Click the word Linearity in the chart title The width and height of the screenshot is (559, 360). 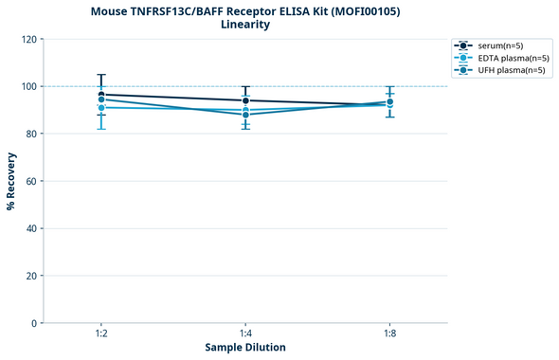tap(245, 25)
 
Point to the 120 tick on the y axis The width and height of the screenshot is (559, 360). tap(28, 40)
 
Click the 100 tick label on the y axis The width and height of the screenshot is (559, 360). tap(28, 87)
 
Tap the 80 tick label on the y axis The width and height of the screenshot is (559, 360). tap(31, 134)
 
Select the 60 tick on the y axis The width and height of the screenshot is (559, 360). tap(31, 181)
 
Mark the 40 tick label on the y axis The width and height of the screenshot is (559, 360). tap(31, 228)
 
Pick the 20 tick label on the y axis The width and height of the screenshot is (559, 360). tap(31, 276)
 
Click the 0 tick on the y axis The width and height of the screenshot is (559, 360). tap(34, 323)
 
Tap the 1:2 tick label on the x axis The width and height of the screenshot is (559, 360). tap(100, 334)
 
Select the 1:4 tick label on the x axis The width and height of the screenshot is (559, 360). tap(245, 334)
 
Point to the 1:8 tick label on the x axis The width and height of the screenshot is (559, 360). tap(390, 334)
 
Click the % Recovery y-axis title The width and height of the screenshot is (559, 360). tap(11, 181)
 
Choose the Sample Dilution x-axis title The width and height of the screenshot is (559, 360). tap(245, 348)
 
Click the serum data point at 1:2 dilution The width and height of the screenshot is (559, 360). tap(100, 95)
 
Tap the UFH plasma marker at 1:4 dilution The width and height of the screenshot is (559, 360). tap(245, 115)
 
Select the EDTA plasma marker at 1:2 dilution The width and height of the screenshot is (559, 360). tap(100, 108)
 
